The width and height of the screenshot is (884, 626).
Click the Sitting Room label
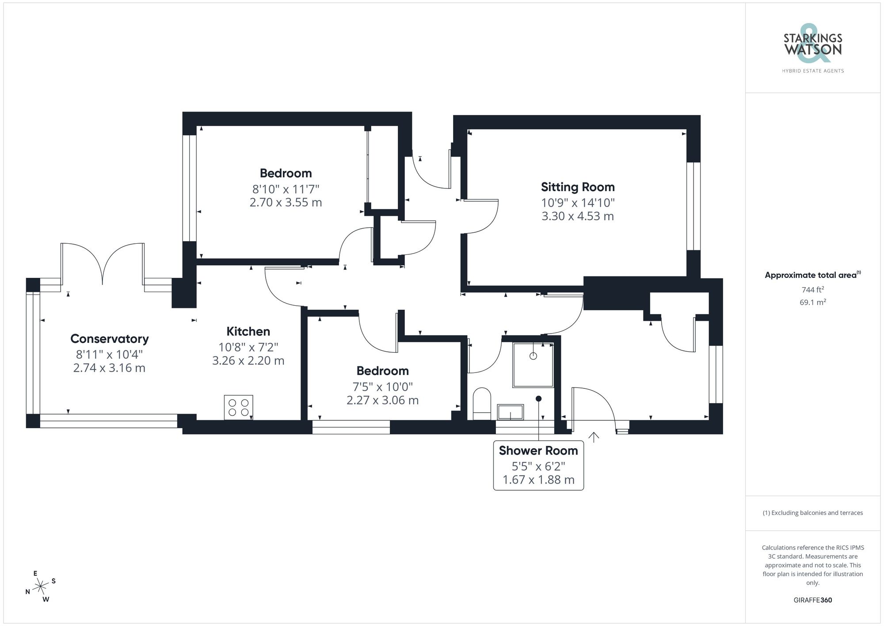coord(578,187)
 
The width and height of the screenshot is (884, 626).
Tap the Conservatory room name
coord(109,339)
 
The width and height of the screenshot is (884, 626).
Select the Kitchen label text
coord(248,331)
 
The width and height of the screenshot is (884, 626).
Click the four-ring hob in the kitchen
coord(239,407)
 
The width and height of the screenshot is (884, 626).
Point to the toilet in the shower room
coord(482,403)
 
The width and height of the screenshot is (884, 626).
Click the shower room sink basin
coord(511,412)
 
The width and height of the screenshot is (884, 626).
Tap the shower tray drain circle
coord(533,356)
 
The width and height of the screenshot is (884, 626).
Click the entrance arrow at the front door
coord(594,437)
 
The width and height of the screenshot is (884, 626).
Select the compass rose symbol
coord(41,587)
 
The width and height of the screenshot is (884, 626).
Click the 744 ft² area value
coord(812,290)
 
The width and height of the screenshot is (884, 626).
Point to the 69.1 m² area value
coord(812,303)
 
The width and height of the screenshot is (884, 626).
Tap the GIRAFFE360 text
coord(812,600)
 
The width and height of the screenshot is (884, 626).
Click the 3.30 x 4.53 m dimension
coord(578,216)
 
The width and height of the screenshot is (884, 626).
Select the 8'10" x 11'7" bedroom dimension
coord(286,189)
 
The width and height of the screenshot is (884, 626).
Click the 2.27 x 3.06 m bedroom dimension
coord(382,400)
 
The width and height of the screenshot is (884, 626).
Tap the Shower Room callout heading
coord(538,451)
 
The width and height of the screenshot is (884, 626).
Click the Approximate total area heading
coord(811,275)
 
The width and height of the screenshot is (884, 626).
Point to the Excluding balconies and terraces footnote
coord(812,513)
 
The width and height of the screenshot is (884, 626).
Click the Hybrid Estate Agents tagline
coord(812,71)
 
